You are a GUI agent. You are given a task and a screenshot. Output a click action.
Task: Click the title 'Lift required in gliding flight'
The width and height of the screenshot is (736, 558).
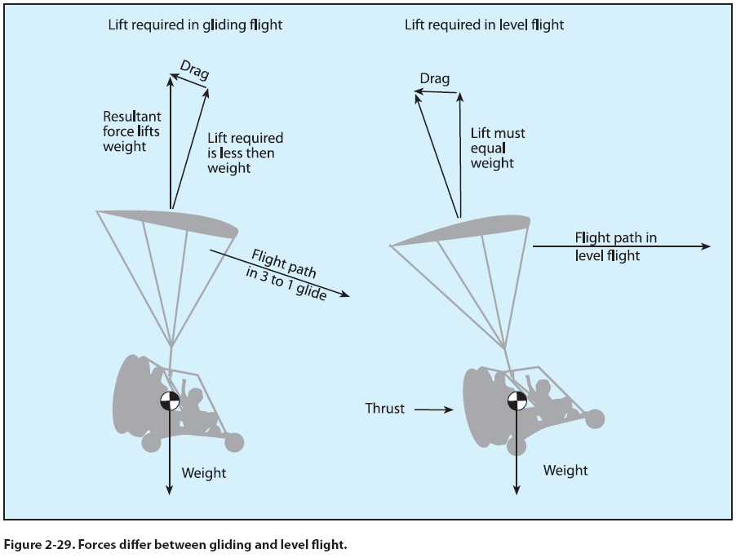[195, 24]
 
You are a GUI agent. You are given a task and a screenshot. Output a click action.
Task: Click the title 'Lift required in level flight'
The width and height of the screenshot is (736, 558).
[484, 24]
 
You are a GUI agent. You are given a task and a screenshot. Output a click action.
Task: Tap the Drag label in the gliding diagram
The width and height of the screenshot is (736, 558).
[193, 70]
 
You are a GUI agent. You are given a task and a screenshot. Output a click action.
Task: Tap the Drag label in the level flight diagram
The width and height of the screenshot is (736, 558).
[434, 79]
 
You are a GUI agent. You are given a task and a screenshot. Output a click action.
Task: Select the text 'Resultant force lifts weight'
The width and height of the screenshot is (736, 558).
[131, 131]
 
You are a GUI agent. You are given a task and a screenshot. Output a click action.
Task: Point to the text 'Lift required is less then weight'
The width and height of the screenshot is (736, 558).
[245, 153]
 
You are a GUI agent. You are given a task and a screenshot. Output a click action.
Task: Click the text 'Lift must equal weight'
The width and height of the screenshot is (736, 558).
[498, 148]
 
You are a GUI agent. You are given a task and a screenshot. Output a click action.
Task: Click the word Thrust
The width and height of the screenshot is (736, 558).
[384, 409]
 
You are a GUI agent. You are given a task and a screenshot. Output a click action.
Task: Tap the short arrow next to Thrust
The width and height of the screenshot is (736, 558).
[433, 410]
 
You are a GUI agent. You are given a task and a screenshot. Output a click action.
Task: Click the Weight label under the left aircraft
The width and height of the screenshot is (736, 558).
[203, 472]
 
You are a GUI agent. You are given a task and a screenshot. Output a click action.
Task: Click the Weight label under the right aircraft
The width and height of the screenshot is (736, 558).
[565, 470]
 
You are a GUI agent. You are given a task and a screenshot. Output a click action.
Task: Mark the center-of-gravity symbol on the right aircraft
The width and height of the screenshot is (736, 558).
[517, 401]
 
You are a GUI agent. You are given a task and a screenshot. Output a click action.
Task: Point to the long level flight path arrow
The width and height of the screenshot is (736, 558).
[620, 246]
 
